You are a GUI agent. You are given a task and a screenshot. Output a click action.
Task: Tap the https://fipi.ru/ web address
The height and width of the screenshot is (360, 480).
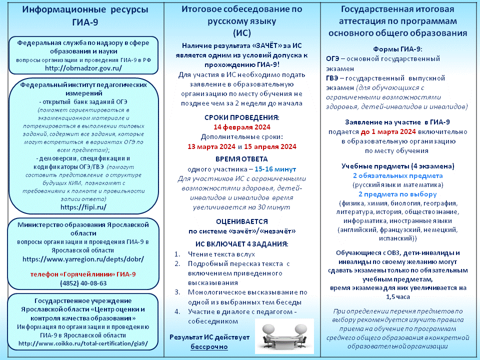[83, 206]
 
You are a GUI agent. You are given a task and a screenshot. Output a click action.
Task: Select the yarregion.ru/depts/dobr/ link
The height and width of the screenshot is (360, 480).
[83, 259]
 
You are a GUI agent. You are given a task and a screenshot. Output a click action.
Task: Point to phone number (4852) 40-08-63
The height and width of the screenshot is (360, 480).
[83, 283]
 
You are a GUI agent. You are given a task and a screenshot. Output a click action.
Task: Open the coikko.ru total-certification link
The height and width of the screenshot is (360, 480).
[83, 343]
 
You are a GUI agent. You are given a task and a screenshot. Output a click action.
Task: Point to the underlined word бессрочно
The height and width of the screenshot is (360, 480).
[209, 346]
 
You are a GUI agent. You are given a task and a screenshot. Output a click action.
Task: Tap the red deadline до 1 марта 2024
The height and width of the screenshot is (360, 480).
[388, 132]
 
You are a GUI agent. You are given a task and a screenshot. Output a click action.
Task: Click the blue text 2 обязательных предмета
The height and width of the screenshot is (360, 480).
[397, 176]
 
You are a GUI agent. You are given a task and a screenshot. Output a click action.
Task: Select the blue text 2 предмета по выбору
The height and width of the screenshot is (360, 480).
[397, 194]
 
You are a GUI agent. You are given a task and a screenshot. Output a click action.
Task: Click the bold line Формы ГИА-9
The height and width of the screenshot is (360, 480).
[397, 49]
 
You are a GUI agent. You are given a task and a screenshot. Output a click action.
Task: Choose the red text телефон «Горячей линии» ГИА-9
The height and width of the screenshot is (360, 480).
[83, 274]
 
